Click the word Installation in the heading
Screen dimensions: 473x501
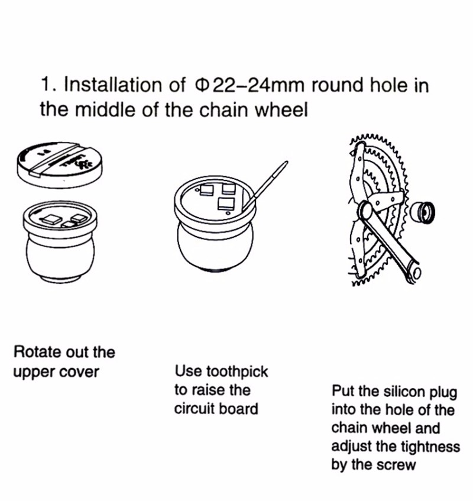click(x=113, y=85)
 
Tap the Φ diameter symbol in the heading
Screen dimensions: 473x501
click(x=202, y=85)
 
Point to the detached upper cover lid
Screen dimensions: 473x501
click(x=60, y=164)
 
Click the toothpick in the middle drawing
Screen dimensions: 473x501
click(x=265, y=186)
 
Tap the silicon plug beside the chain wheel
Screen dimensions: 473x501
click(x=422, y=212)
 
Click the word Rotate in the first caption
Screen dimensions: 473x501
click(x=37, y=352)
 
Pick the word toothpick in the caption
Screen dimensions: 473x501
click(x=237, y=371)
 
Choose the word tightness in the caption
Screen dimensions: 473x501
click(x=430, y=447)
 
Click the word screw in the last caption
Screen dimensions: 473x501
click(x=396, y=465)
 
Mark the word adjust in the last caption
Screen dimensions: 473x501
click(x=348, y=447)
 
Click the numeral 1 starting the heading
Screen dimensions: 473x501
click(x=45, y=85)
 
